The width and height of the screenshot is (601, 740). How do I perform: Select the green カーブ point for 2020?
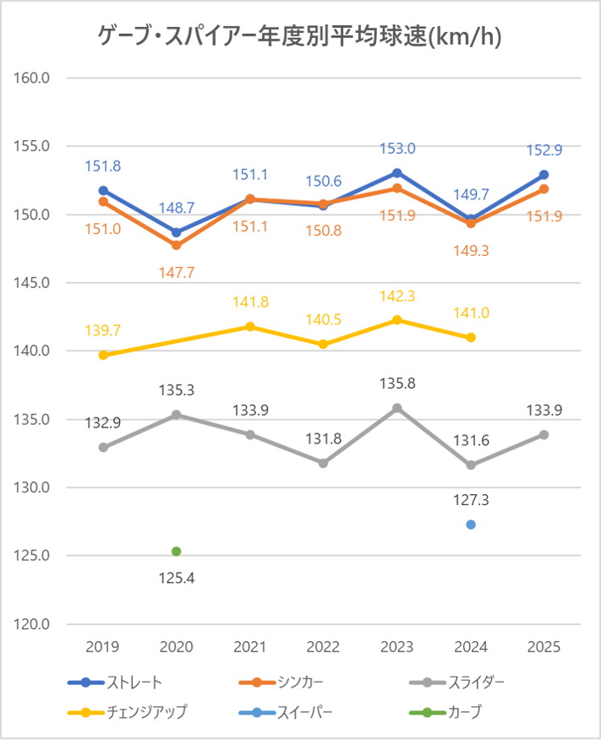(177, 552)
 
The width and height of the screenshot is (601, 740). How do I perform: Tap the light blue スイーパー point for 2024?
(471, 525)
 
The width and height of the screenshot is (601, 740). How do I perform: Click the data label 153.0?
(397, 149)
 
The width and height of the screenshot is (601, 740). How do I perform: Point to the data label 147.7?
(177, 272)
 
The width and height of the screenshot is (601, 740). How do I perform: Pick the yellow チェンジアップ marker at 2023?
(397, 319)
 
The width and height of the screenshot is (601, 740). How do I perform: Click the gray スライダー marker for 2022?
(324, 463)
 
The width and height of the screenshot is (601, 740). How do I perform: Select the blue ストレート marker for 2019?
(103, 191)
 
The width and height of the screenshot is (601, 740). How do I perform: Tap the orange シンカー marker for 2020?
(177, 246)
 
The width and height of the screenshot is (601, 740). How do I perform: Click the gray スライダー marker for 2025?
(544, 434)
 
